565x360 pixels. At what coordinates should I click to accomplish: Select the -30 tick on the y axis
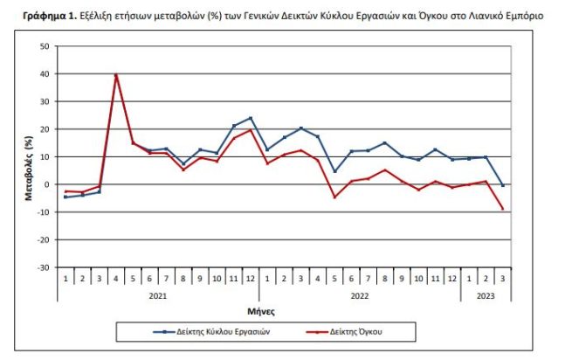tap(43, 267)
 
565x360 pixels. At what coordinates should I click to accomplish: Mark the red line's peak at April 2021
tap(116, 75)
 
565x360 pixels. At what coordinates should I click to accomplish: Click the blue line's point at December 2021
tap(251, 118)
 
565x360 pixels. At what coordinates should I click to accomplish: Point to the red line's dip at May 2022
tap(334, 197)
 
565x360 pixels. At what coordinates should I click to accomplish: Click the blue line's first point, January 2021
tap(65, 197)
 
